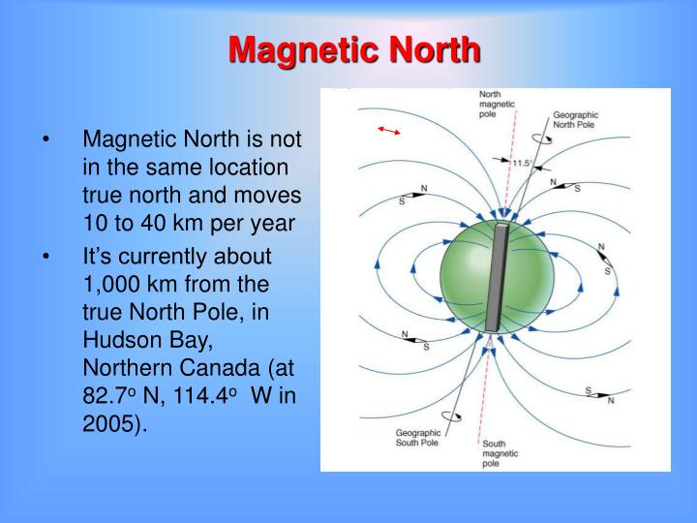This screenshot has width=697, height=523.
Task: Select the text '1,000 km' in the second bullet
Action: [x=125, y=285]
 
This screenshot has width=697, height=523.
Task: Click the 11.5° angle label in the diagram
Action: [x=522, y=164]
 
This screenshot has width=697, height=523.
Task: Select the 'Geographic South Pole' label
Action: [x=417, y=439]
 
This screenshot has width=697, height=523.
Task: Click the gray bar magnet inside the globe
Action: [x=499, y=279]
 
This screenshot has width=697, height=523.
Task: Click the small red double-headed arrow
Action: [x=389, y=130]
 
